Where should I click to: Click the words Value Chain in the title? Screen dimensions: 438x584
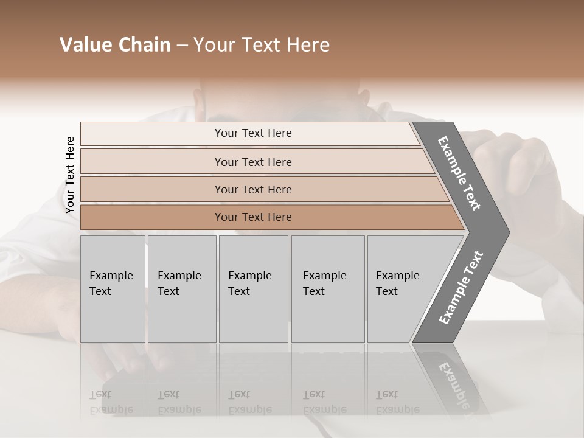[x=115, y=45]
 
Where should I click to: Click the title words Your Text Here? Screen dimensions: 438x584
[x=262, y=45]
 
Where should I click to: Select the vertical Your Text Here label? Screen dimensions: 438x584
[x=70, y=175]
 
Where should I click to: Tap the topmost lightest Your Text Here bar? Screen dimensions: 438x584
[x=252, y=133]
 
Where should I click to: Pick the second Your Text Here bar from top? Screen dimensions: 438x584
[x=253, y=162]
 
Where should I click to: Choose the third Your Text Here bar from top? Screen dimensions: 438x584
[x=253, y=189]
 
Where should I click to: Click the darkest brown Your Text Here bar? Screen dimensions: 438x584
[x=253, y=217]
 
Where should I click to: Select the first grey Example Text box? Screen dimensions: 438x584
[x=113, y=289]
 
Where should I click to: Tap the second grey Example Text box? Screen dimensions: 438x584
[x=181, y=289]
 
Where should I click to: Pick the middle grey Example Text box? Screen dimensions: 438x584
[x=253, y=289]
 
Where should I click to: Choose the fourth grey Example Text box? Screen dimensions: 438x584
[x=327, y=289]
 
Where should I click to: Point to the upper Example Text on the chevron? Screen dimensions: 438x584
[x=459, y=173]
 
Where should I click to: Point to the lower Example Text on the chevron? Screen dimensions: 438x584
[x=461, y=287]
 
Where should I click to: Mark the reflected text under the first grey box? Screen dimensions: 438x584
[x=111, y=402]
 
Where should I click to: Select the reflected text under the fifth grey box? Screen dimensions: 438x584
[x=397, y=402]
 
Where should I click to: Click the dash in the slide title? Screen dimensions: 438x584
[x=182, y=46]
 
